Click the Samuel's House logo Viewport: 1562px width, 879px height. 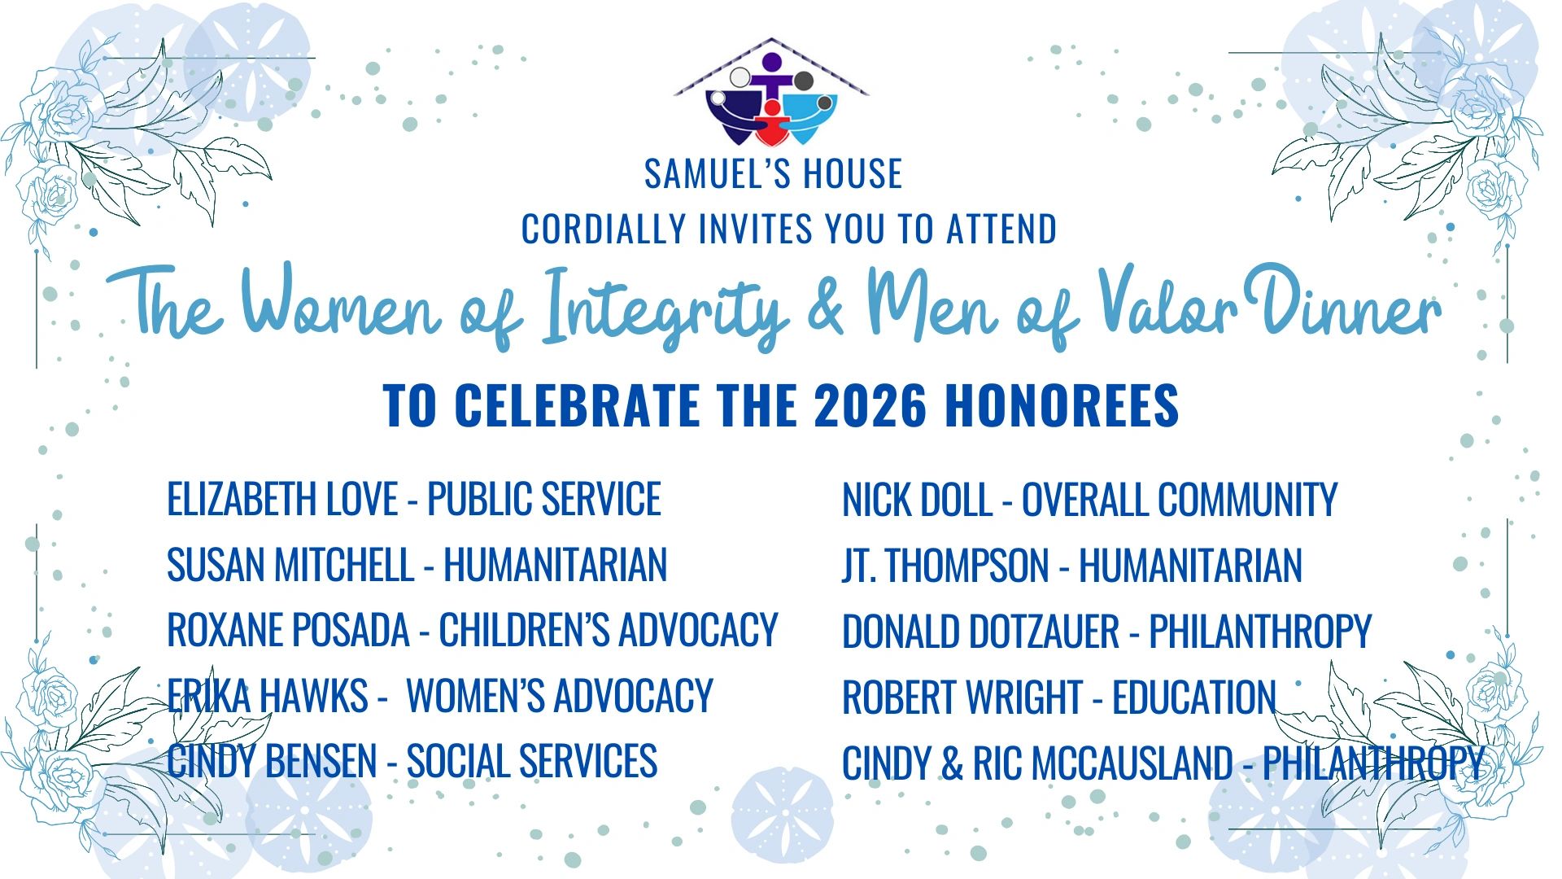tap(771, 92)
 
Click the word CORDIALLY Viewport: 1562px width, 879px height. tap(604, 229)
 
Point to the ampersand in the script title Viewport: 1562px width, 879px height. tap(827, 308)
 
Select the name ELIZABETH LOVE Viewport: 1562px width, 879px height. tap(282, 499)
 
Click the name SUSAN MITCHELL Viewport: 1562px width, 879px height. tap(290, 565)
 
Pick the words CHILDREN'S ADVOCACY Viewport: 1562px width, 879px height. tap(609, 630)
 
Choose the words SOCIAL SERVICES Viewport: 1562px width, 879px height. tap(532, 761)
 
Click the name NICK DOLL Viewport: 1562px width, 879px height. tap(917, 500)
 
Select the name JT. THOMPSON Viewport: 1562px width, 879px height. tap(945, 566)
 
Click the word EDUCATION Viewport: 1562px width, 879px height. tap(1194, 698)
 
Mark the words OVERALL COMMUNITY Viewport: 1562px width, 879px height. tap(1180, 500)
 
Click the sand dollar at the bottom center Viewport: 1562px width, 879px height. tap(783, 816)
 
